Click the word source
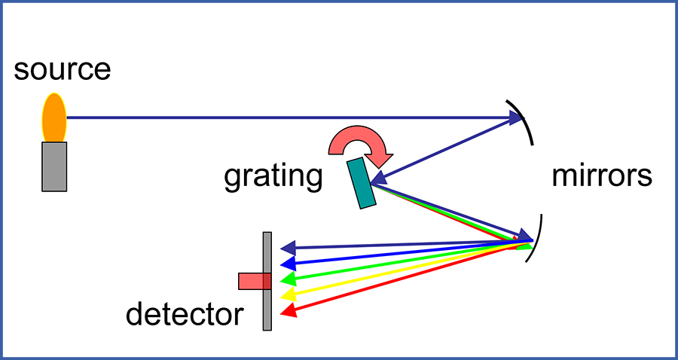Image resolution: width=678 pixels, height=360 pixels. pos(62,70)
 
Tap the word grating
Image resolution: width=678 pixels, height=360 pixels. pos(273,176)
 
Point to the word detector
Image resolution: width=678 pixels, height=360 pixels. pos(185,314)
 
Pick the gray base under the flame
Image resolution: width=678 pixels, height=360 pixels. pos(54,166)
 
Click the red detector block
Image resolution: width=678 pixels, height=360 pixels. pos(255,281)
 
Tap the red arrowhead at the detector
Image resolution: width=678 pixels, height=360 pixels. pos(289,310)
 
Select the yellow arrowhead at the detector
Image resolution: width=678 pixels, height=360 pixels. pos(287,294)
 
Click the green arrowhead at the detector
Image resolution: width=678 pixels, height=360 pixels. pos(287,279)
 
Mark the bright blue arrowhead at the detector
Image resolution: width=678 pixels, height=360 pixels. pos(286,264)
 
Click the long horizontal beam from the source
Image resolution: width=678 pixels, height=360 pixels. pos(286,117)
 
